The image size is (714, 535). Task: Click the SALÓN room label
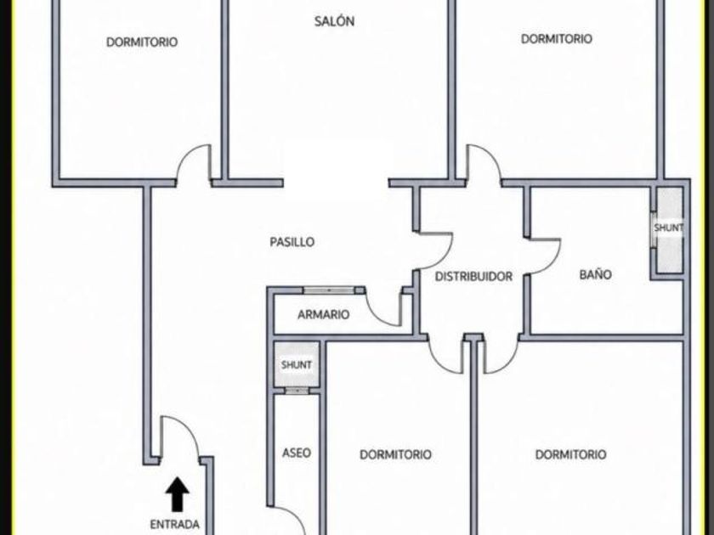tap(334, 21)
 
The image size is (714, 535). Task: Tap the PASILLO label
tap(292, 241)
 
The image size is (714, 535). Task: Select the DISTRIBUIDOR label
tap(473, 276)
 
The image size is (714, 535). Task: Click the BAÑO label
tap(595, 274)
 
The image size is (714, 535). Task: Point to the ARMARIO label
tap(323, 314)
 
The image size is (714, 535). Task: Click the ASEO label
tap(297, 453)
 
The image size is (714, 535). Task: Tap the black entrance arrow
tap(177, 494)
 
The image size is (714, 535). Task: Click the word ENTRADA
tap(175, 524)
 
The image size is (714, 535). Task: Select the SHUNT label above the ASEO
tap(297, 364)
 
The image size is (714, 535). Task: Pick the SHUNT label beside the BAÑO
tap(668, 228)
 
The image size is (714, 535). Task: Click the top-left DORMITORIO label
tap(142, 42)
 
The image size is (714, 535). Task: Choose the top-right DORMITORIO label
tap(557, 39)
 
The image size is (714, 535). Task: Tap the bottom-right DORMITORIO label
tap(570, 454)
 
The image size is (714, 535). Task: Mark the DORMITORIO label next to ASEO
tap(395, 454)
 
